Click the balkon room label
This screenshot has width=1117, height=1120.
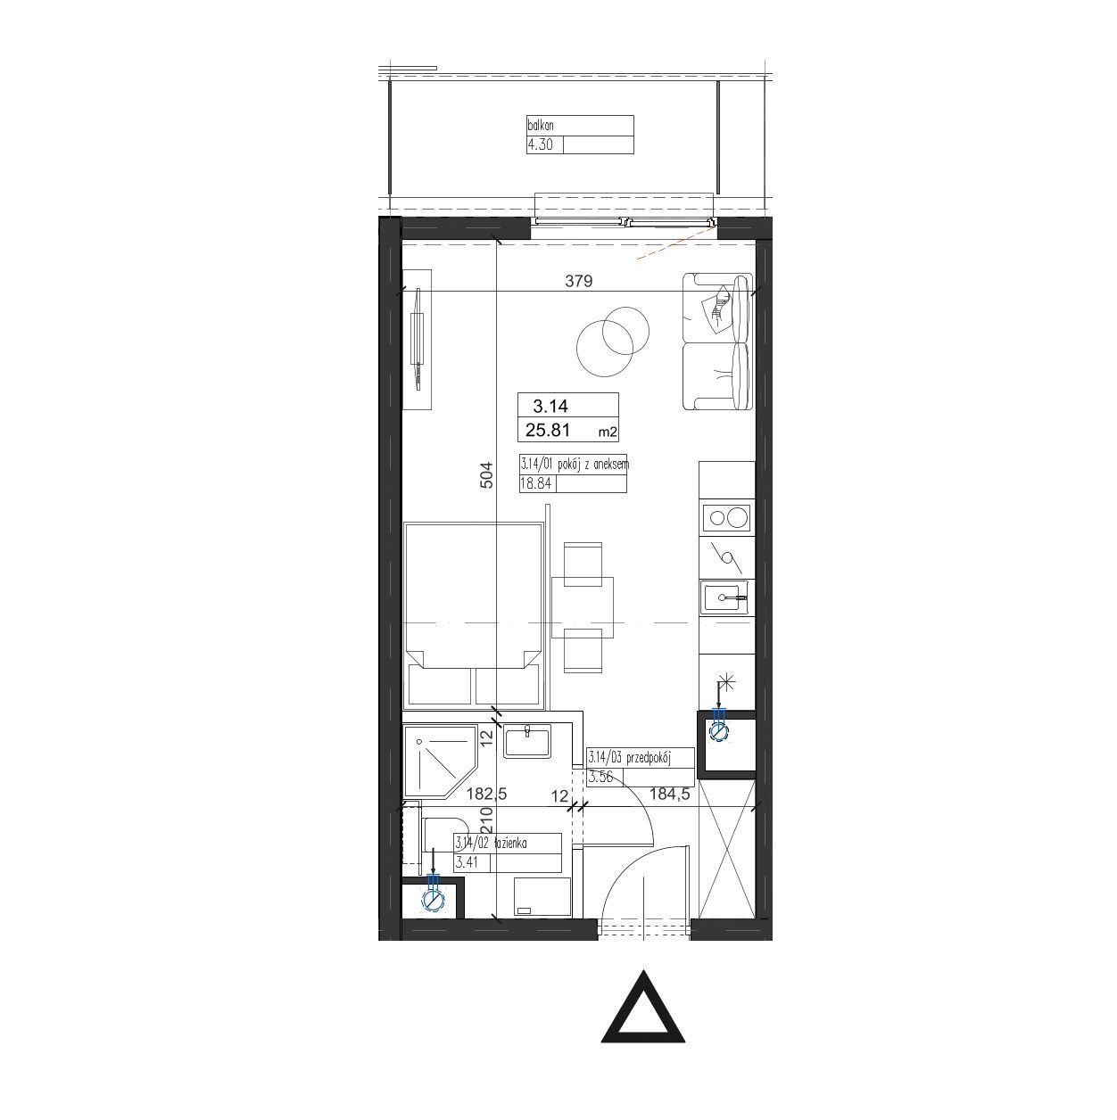point(540,125)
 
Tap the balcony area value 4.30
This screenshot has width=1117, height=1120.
point(540,144)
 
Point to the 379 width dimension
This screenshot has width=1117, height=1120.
point(579,281)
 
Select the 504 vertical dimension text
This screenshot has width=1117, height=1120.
point(486,475)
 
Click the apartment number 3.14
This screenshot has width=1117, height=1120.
point(550,406)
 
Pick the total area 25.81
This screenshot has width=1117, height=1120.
point(548,430)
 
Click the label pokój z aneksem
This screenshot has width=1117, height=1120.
point(593,465)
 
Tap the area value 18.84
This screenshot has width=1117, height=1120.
point(535,483)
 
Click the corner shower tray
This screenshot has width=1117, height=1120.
point(440,761)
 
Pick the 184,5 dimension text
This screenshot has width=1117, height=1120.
point(670,794)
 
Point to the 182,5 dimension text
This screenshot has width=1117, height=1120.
point(487,794)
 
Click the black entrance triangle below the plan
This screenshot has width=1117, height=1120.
point(643,1016)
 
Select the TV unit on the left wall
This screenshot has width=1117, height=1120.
point(418,340)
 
